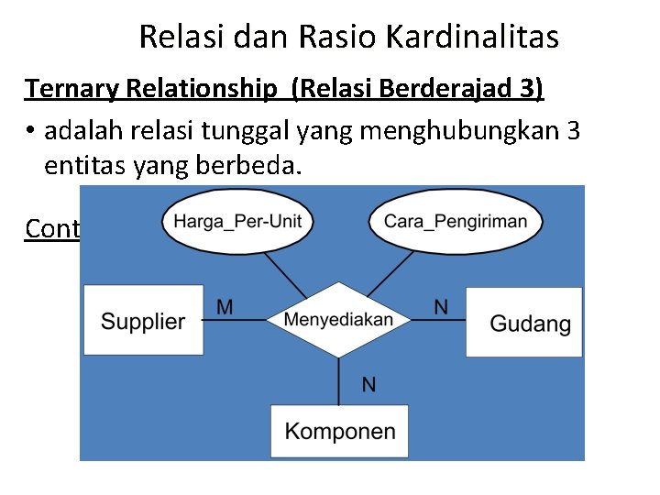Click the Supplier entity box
click(143, 320)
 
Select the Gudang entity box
click(524, 322)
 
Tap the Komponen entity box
click(339, 431)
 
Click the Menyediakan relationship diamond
click(339, 320)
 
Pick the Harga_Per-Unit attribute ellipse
click(237, 221)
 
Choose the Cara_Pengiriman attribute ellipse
click(456, 221)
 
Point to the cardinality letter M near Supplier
click(225, 307)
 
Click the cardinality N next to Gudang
click(441, 307)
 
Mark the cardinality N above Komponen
click(368, 384)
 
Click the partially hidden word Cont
click(52, 228)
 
